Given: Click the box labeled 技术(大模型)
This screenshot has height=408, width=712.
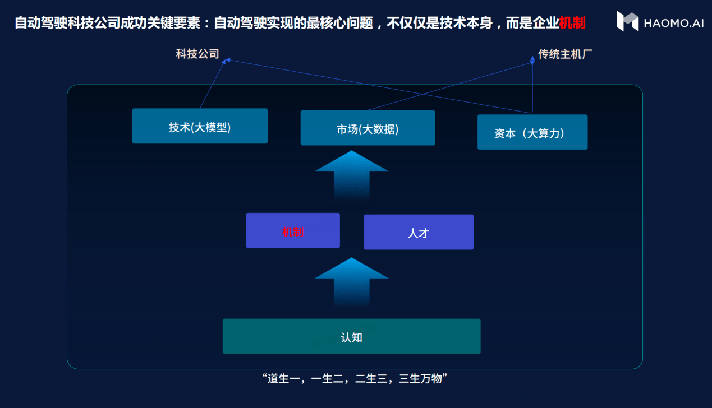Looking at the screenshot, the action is (x=200, y=126).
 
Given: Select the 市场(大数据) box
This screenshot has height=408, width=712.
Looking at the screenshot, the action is (x=368, y=128).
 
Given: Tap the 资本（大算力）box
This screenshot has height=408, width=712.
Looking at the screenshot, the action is (x=532, y=132).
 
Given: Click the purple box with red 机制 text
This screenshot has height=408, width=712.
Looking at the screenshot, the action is (x=293, y=230).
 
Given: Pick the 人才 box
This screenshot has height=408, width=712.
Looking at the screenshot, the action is (x=419, y=232).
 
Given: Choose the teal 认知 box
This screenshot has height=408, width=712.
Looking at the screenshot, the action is (x=352, y=336).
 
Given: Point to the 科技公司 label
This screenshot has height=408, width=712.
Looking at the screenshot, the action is (x=197, y=54).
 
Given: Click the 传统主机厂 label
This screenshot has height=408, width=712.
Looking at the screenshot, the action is (x=565, y=54).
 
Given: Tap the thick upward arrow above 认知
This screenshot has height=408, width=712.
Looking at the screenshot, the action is (x=352, y=281).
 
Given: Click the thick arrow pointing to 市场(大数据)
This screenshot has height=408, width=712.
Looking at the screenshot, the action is (x=352, y=175).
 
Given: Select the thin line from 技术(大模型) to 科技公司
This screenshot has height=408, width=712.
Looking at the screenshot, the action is (x=213, y=84).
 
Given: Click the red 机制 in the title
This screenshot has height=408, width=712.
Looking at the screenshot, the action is (x=572, y=23).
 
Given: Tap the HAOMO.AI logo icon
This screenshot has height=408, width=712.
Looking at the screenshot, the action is (x=627, y=21).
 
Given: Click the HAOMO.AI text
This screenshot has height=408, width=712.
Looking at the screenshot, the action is (x=673, y=23).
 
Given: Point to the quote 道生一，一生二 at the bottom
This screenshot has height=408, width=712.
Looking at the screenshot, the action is (x=305, y=378).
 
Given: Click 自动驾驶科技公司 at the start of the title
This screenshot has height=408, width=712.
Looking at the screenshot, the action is (x=67, y=23).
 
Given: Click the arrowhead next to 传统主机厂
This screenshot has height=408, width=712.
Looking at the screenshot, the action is (x=532, y=60).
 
